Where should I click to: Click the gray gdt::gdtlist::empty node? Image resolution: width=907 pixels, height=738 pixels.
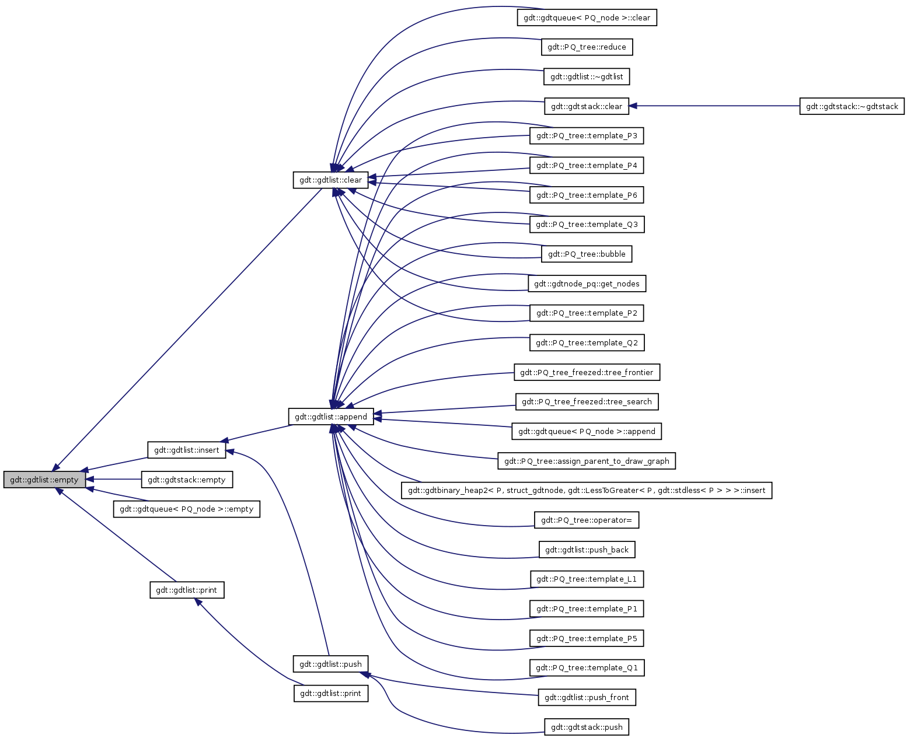44,480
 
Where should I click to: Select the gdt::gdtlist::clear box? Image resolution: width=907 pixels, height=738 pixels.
330,180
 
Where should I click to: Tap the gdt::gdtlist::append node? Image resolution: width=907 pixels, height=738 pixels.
330,417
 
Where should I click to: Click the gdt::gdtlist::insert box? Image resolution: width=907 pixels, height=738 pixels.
186,450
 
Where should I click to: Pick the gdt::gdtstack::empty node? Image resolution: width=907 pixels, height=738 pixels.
186,480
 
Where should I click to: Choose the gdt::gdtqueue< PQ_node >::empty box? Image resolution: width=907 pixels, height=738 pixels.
186,509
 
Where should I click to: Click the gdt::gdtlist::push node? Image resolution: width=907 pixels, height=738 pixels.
330,664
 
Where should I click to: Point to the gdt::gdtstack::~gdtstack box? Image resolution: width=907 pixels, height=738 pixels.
852,106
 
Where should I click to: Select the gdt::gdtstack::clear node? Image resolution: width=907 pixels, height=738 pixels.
587,106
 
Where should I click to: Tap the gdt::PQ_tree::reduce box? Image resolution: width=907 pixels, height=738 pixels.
587,47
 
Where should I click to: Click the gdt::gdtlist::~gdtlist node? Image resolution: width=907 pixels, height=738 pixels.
587,76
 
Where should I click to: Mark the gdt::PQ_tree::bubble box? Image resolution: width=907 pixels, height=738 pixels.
587,254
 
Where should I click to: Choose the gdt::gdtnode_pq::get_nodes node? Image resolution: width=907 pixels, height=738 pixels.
587,284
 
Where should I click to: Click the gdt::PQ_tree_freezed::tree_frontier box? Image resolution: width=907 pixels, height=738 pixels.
587,372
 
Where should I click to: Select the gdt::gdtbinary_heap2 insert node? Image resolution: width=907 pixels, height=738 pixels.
587,490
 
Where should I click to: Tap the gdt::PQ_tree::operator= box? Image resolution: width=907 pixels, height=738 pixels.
587,520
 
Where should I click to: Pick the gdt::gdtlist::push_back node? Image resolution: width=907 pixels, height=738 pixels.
587,550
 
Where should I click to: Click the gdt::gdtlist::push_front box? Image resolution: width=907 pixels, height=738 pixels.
587,697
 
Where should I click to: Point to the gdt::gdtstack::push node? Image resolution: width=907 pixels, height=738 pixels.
587,727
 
